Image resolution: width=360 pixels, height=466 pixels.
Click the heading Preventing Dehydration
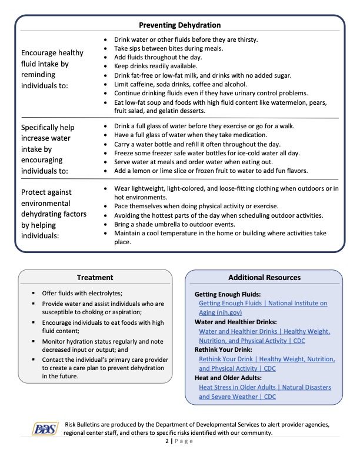click(179, 25)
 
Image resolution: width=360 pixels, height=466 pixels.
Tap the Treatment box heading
click(95, 277)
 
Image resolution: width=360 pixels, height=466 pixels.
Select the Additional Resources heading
click(264, 277)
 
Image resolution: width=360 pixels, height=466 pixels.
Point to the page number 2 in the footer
click(166, 444)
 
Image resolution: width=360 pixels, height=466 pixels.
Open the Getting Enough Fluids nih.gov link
click(262, 308)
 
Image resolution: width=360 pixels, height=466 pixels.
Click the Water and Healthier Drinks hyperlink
click(264, 336)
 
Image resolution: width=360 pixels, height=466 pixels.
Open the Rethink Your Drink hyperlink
click(266, 364)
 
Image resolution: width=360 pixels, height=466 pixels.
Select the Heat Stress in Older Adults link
click(265, 392)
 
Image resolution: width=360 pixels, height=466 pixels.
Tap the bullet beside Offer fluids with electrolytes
click(35, 292)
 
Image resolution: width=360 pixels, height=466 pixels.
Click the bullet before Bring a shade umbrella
click(105, 224)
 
